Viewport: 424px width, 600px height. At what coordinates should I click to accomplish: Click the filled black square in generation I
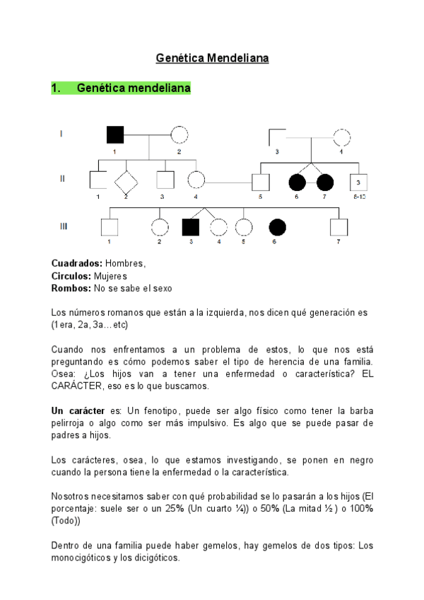tap(114, 134)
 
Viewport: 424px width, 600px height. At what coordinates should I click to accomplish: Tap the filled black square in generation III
tap(190, 226)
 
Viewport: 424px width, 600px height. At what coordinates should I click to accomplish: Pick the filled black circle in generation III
tap(278, 226)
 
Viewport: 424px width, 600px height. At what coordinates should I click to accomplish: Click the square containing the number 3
tap(359, 182)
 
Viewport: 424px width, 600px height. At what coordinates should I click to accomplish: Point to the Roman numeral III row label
tap(63, 226)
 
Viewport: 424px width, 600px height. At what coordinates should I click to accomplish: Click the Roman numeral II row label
tap(62, 179)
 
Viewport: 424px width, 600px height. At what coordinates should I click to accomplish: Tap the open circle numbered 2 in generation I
tap(179, 134)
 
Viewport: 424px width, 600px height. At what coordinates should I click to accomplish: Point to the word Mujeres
tap(109, 277)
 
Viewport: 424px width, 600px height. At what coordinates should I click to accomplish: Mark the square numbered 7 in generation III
tap(338, 226)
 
